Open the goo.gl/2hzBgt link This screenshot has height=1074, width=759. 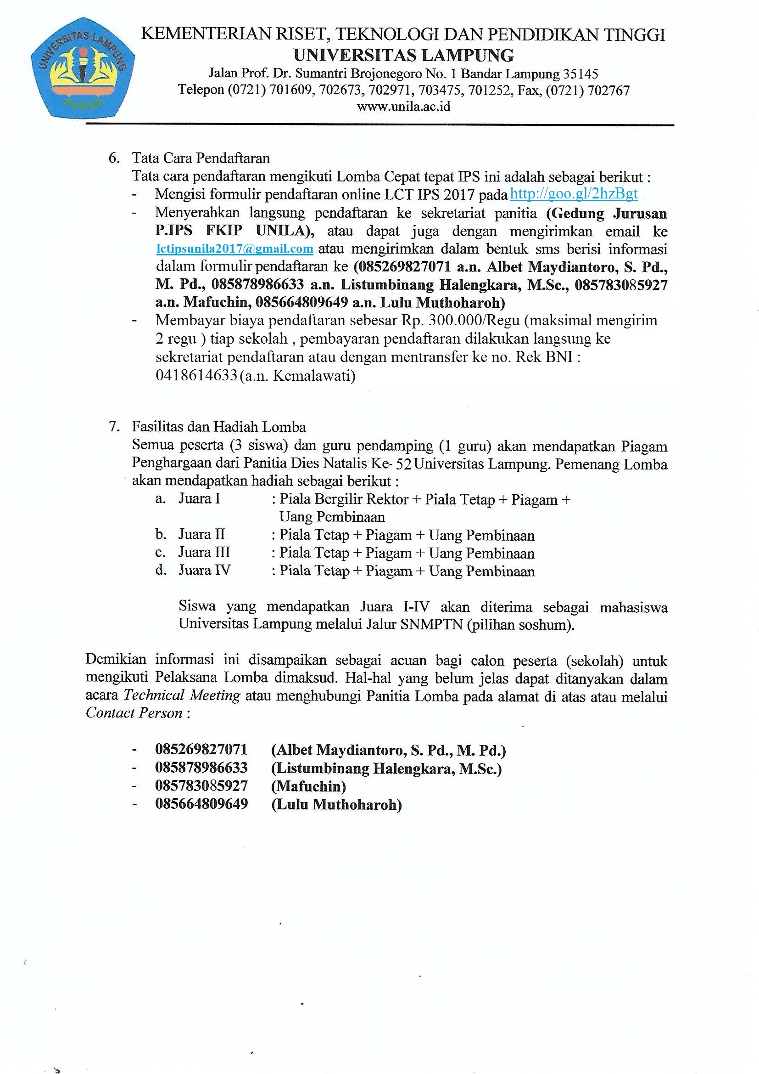574,194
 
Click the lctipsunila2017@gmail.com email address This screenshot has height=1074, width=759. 234,249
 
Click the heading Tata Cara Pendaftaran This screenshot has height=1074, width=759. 201,158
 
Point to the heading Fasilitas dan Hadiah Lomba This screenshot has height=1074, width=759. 219,427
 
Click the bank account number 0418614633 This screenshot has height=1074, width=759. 196,376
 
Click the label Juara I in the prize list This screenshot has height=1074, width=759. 199,499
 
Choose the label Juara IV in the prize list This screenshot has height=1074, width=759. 204,570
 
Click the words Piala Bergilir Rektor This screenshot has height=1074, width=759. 344,499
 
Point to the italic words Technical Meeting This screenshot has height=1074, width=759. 182,695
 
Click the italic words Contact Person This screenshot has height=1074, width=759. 134,713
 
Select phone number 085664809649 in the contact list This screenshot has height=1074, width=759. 201,804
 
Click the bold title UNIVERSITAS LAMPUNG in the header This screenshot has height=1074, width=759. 403,56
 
